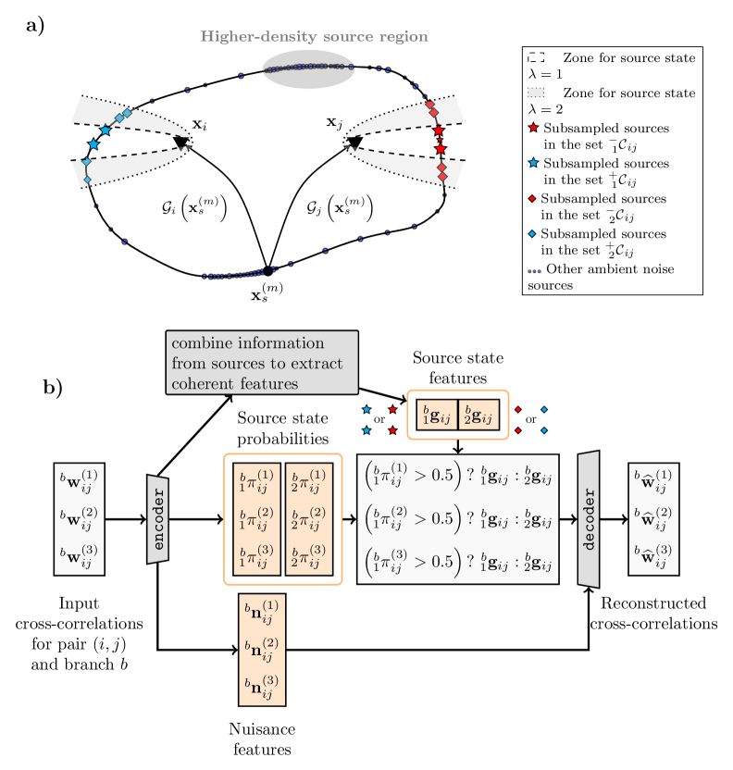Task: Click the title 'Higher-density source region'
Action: coord(314,37)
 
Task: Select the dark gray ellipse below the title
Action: coord(308,69)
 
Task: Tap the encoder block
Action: coord(157,519)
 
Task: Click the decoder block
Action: coord(589,519)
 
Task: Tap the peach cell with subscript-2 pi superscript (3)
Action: coord(308,557)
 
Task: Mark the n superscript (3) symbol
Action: coord(262,687)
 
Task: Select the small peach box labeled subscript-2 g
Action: coord(479,415)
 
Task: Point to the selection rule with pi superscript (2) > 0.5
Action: coord(458,519)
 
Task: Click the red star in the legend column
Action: coord(534,127)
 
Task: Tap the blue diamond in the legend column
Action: coord(534,234)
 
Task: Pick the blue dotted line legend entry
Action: coord(534,271)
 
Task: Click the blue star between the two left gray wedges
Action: coord(93,144)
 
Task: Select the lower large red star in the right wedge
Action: coord(441,148)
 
